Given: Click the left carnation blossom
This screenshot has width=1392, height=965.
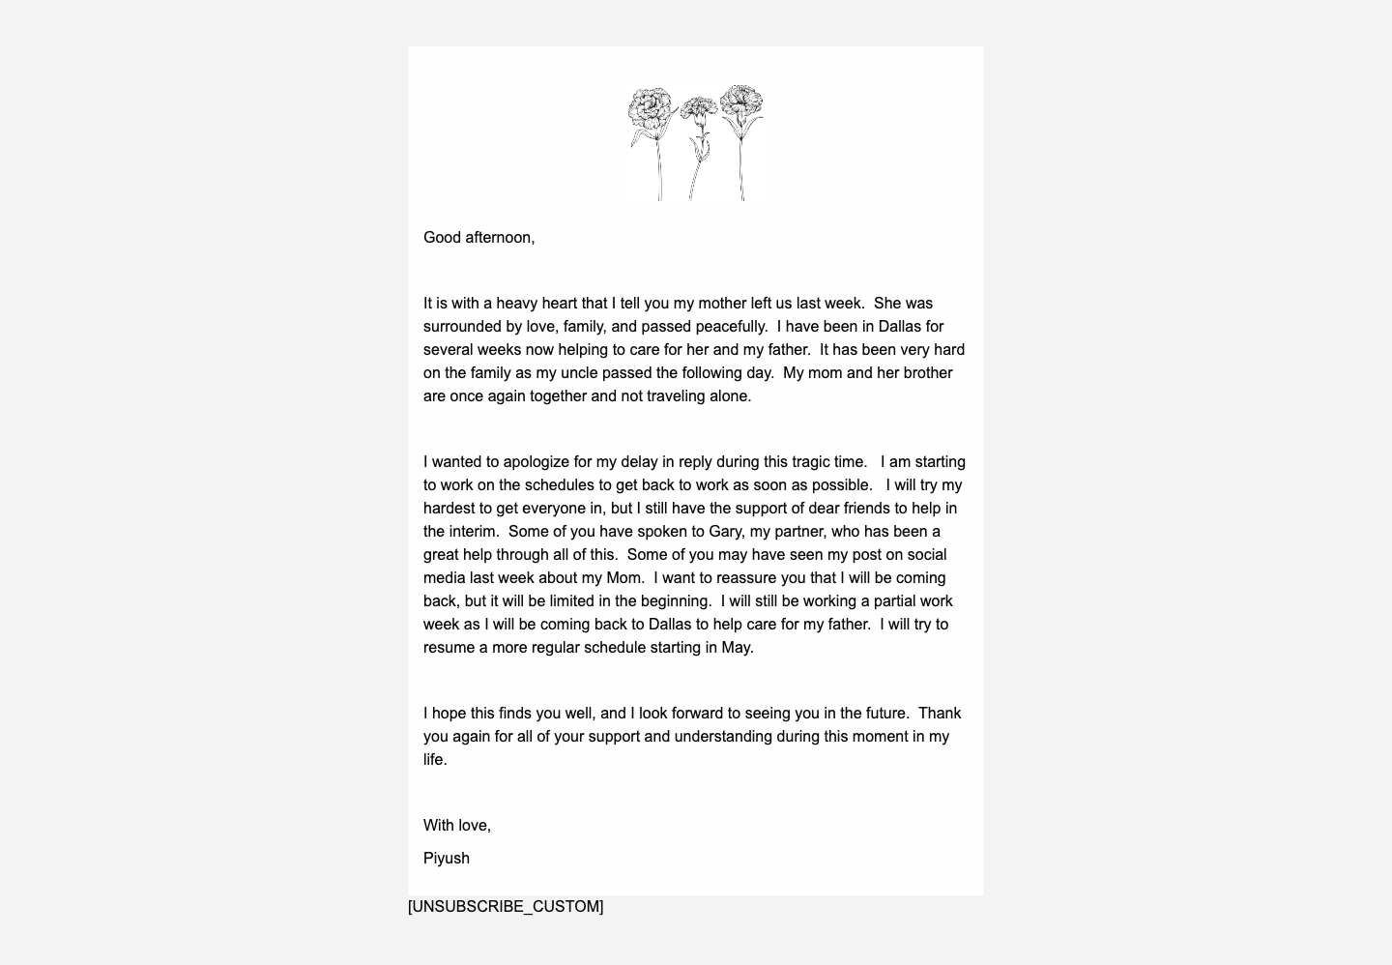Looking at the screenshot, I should tap(650, 106).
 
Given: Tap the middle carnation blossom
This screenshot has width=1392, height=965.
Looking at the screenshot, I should tap(698, 108).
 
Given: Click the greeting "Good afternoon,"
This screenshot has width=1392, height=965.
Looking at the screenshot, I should tap(478, 238).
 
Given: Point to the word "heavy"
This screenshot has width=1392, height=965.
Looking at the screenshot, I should tap(517, 304).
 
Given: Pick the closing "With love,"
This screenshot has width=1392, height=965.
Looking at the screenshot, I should tap(457, 826).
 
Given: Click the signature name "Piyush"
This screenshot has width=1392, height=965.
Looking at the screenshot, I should tap(447, 859).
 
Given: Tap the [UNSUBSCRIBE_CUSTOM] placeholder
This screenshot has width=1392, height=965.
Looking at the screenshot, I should tap(506, 907).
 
